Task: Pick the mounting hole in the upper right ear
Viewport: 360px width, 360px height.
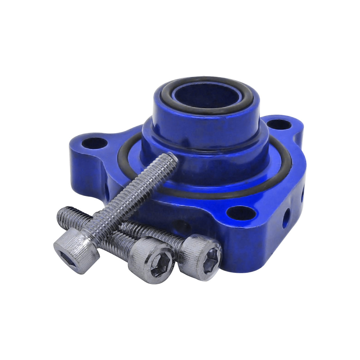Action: [x=279, y=124]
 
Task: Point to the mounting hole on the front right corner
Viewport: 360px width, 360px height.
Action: [x=242, y=213]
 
